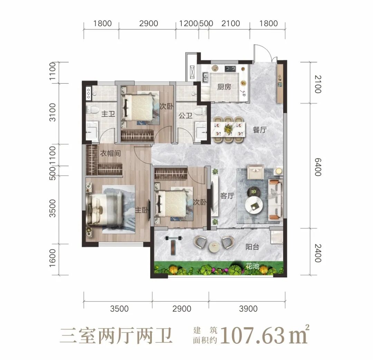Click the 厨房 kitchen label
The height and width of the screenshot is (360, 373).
[224, 87]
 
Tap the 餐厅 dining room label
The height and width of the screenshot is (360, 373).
[260, 130]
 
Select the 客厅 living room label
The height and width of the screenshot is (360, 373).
[227, 196]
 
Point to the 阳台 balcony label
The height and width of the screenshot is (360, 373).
[252, 247]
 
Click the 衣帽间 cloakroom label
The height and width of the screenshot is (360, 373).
[110, 153]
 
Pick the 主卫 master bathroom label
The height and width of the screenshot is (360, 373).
[108, 114]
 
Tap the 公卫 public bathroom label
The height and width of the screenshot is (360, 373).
[185, 116]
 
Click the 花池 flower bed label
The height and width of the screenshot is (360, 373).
[252, 266]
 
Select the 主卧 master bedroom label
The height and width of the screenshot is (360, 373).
[142, 210]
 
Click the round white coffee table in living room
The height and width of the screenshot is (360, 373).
[254, 205]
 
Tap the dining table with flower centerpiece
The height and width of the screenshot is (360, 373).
[228, 129]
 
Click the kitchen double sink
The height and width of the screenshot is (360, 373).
[205, 77]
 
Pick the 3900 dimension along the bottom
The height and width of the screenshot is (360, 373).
[248, 309]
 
